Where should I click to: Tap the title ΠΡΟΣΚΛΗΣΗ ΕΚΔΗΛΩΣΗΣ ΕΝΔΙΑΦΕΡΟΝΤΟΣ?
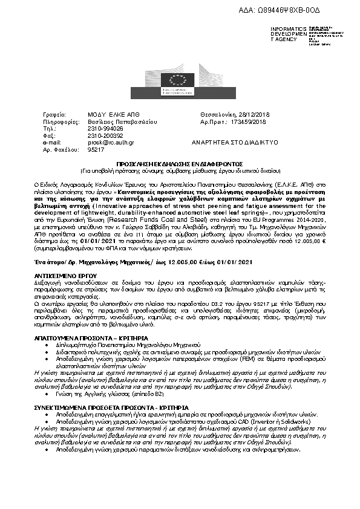(180, 163)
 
